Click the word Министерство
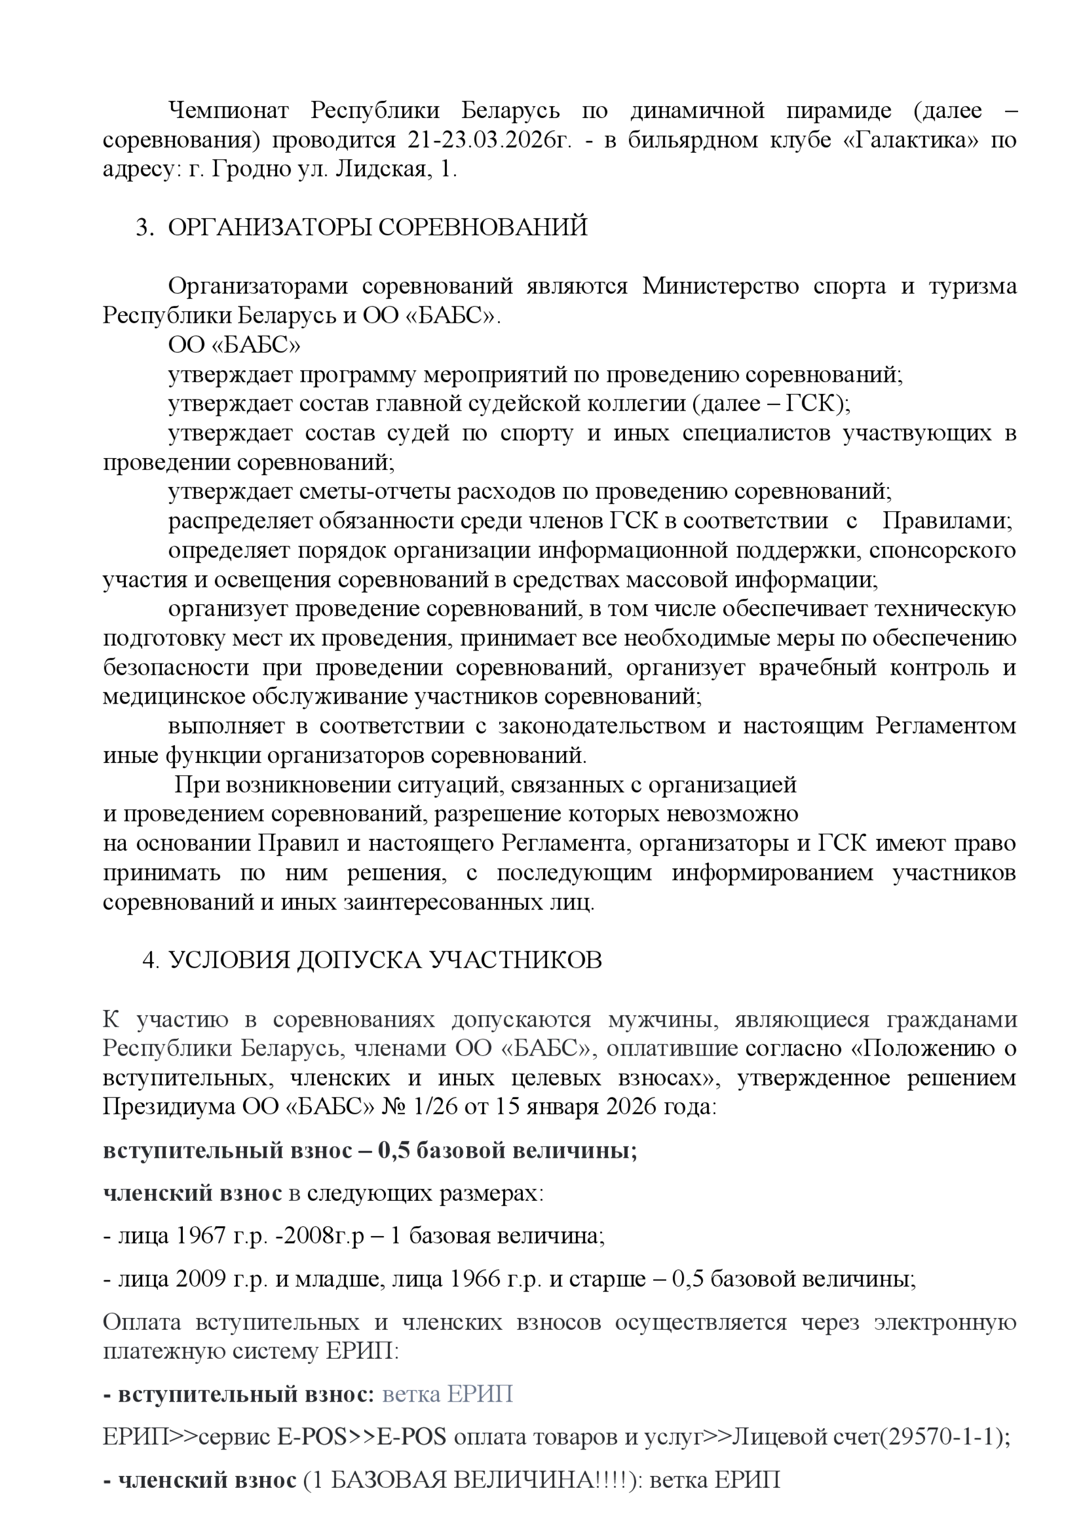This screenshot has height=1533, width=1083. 720,287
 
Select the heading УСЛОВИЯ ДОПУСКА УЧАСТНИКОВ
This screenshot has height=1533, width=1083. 385,960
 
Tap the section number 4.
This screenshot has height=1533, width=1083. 150,960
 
